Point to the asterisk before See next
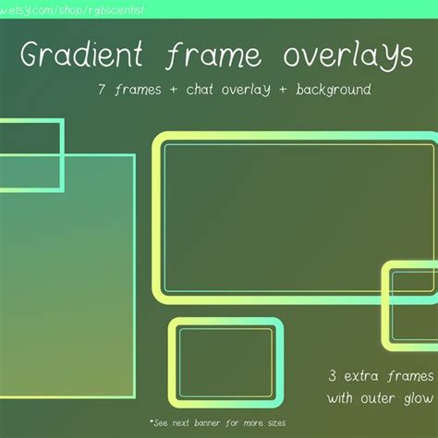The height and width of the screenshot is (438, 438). click(x=151, y=420)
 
